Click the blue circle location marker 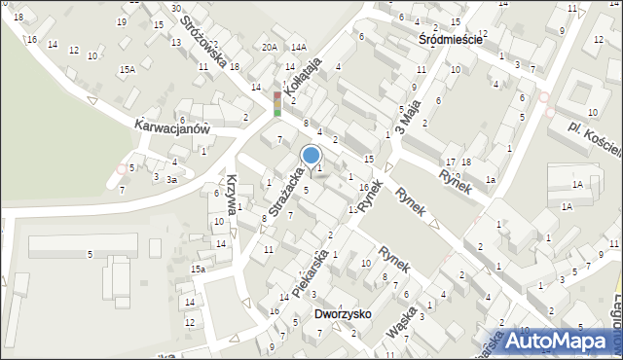[311, 155]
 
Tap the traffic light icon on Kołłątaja [276, 104]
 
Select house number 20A [269, 47]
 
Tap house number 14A [298, 47]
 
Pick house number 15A [127, 70]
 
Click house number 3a [170, 180]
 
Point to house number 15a [197, 269]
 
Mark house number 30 [175, 8]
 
